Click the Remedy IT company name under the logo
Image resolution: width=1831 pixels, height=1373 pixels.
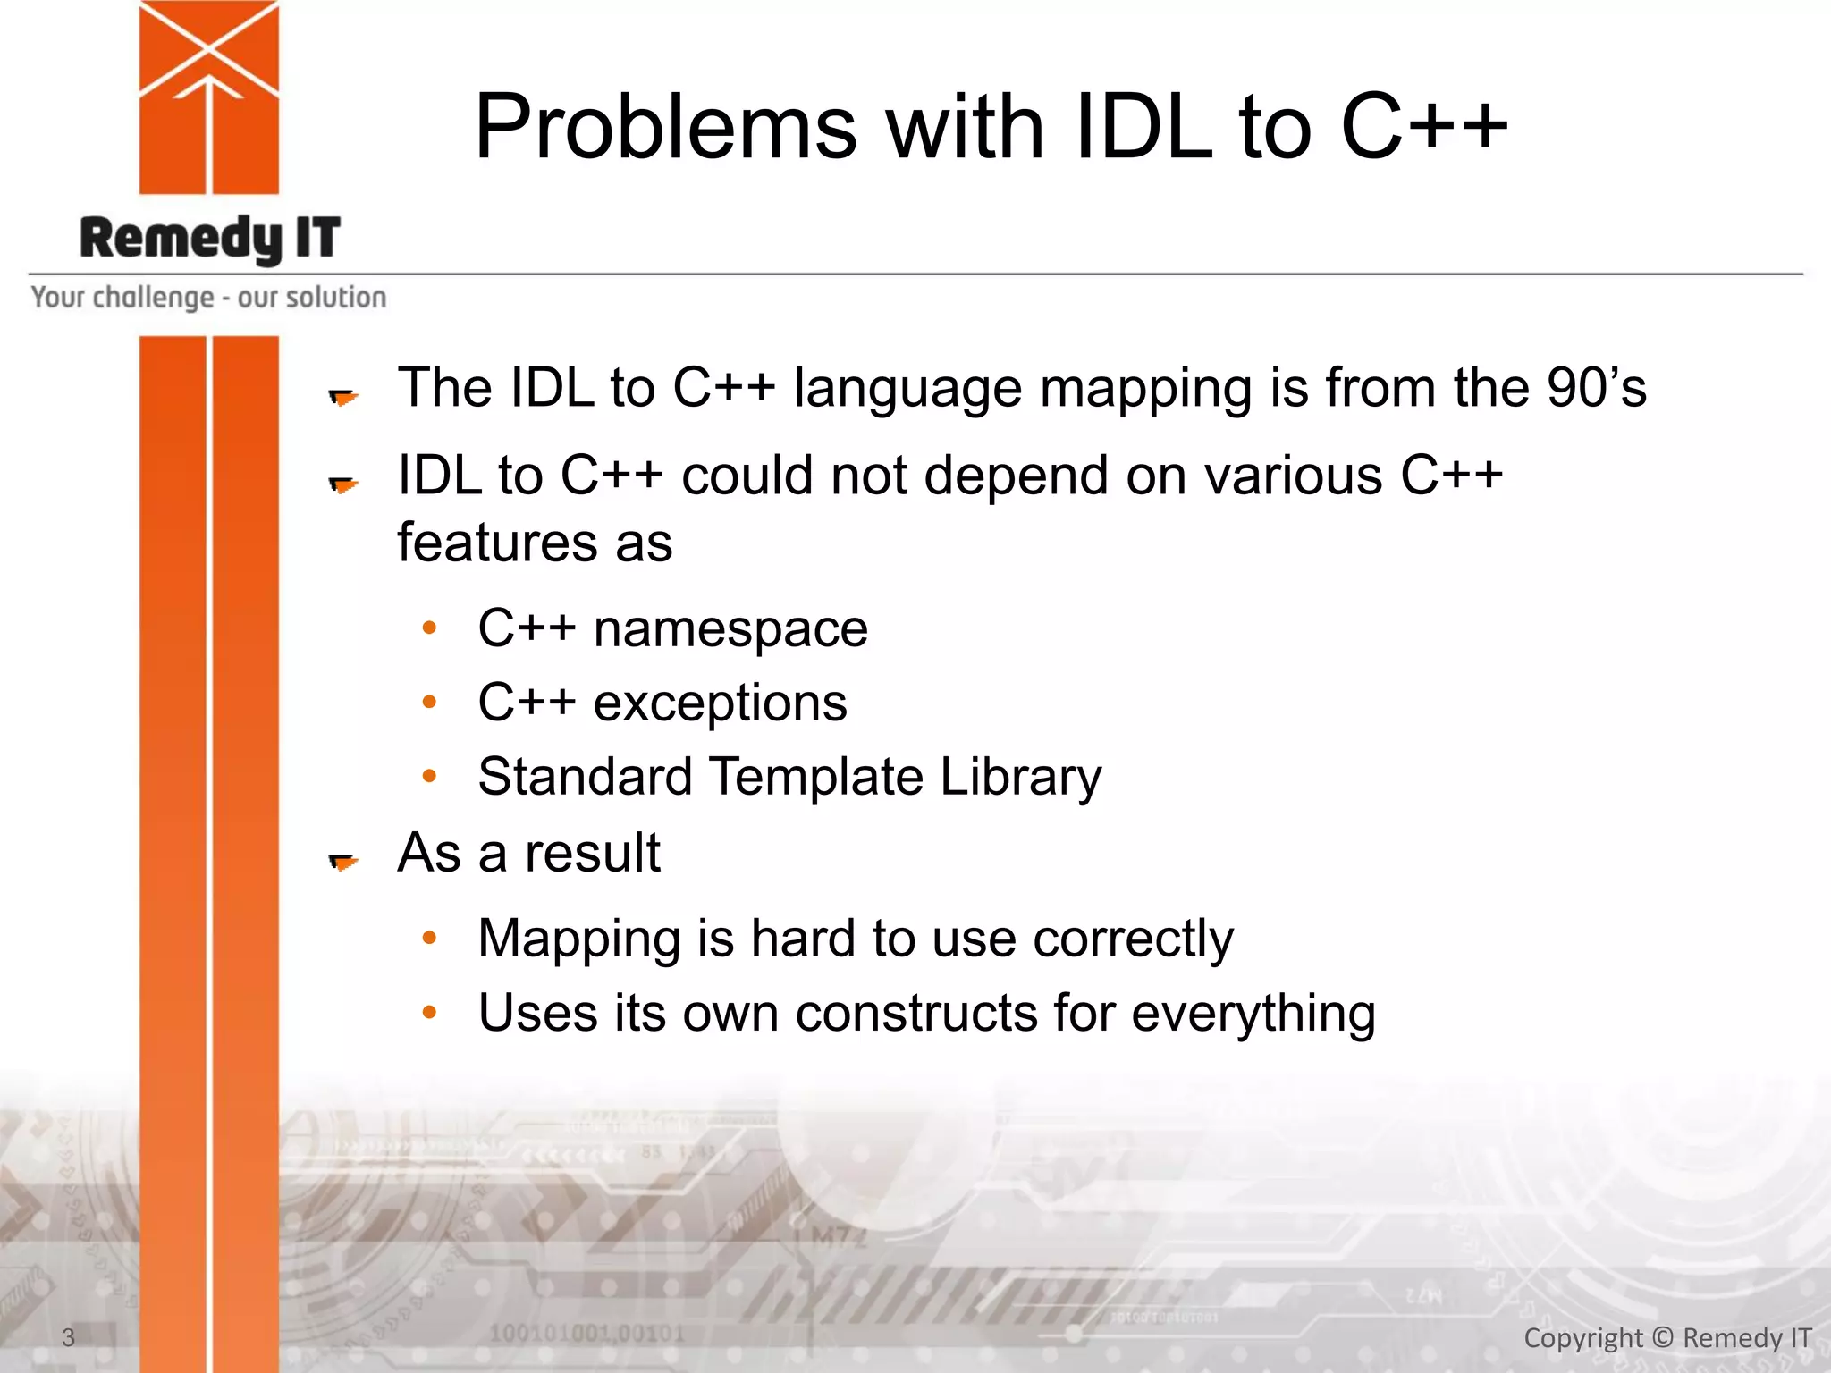coord(210,239)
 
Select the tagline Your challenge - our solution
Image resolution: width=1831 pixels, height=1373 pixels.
coord(208,297)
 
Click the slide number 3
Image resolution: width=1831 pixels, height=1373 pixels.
coord(68,1337)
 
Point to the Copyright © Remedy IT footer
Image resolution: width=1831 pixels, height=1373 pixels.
coord(1667,1337)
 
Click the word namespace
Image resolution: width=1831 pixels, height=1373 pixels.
coord(730,628)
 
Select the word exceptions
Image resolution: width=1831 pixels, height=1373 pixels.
coord(720,703)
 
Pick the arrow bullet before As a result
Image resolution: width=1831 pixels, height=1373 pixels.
coord(343,861)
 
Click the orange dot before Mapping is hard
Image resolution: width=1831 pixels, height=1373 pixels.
coord(429,938)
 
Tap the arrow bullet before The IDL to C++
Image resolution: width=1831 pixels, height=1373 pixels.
coord(343,396)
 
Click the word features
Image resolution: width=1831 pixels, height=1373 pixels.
coord(497,543)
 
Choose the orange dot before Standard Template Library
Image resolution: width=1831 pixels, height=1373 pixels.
coord(429,776)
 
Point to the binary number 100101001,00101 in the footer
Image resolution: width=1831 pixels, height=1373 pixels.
coord(586,1335)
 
